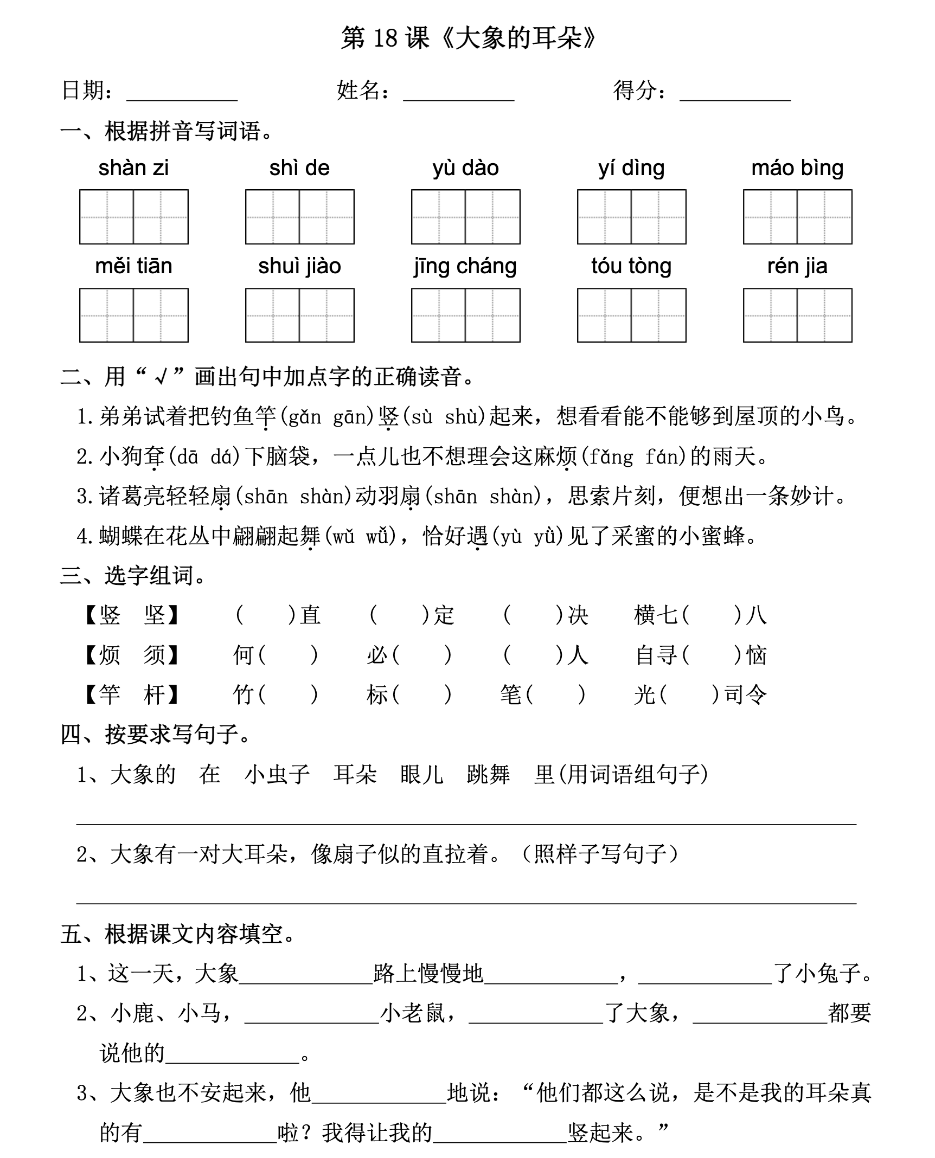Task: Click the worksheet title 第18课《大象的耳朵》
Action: pos(467,38)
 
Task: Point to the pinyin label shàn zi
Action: pos(133,168)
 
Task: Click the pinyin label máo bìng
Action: pos(797,168)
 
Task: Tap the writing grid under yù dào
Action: pos(465,217)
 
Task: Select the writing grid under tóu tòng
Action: pos(631,315)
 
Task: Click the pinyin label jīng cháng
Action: pos(465,266)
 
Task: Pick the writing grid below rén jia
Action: pos(797,315)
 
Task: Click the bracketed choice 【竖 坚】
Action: pos(132,615)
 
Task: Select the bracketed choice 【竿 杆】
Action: pos(132,694)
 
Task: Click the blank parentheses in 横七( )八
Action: pos(712,615)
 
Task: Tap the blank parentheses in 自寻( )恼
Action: pos(712,655)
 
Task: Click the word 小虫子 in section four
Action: pos(277,774)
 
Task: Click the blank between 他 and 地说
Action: pos(379,1094)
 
